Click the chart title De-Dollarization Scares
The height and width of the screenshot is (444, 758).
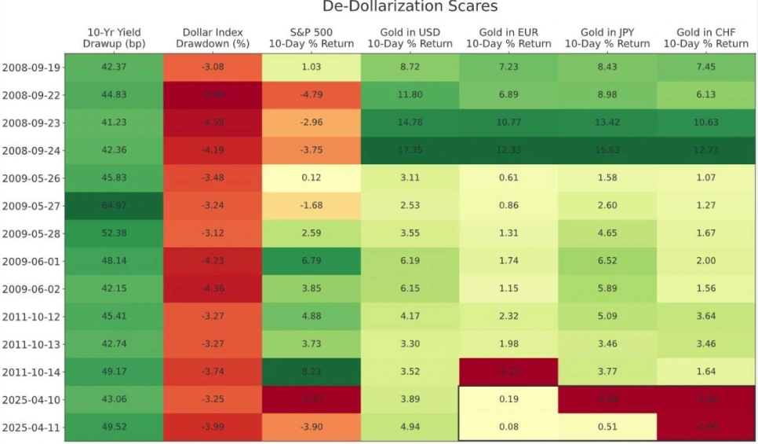point(410,7)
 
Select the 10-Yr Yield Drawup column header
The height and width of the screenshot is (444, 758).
point(114,38)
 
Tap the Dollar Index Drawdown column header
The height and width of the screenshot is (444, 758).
point(213,38)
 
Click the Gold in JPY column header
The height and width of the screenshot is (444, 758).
point(607,38)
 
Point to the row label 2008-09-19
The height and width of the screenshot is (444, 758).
point(32,68)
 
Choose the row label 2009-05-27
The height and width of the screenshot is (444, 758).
point(32,206)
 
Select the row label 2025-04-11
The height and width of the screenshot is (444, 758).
point(32,427)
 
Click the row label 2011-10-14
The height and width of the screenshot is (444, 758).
point(32,372)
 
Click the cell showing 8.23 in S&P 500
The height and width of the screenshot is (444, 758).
point(312,372)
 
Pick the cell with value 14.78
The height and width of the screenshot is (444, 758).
point(410,123)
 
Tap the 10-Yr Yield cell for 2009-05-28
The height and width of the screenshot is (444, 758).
point(114,233)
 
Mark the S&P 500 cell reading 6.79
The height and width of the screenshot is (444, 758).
point(312,261)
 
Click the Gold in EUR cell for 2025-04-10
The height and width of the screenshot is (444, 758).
point(508,399)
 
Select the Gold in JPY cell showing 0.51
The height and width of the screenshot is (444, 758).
point(607,427)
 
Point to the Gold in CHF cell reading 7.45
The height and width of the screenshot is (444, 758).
point(705,68)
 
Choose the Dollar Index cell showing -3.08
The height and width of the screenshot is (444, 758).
point(213,68)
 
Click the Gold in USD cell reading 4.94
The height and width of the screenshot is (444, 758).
point(410,427)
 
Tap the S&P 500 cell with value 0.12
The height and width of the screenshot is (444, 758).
point(312,178)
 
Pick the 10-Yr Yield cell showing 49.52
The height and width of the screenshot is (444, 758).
point(114,427)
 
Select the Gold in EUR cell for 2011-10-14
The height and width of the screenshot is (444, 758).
point(508,372)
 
